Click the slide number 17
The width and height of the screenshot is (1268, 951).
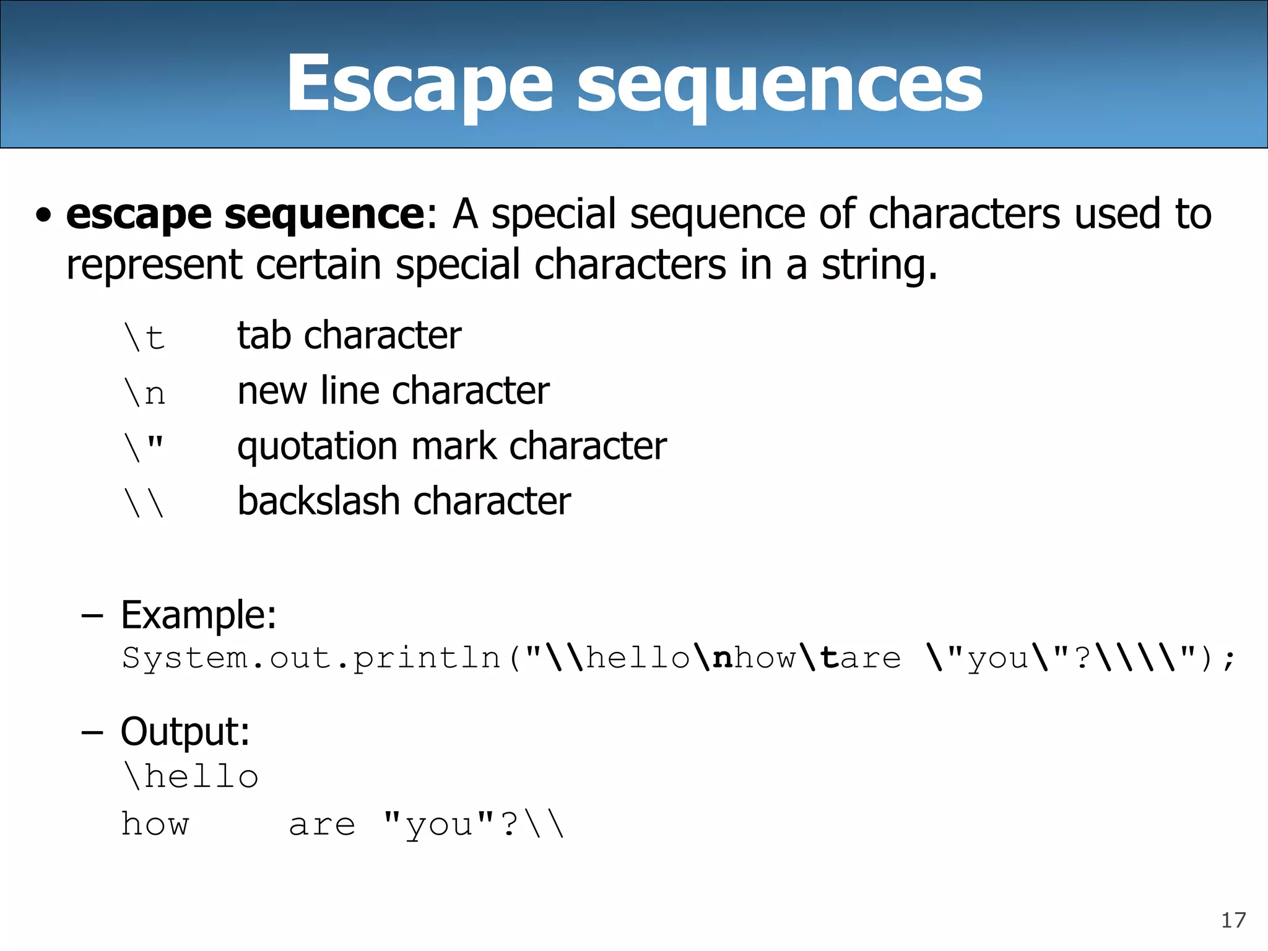[x=1233, y=920]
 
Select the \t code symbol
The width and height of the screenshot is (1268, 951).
[x=144, y=337]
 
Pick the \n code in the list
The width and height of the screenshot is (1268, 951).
[x=144, y=393]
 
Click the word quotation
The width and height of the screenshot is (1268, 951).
[x=317, y=446]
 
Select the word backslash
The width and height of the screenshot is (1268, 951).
[x=318, y=501]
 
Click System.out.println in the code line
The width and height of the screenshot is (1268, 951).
[x=311, y=658]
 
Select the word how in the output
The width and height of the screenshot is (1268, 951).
[x=155, y=824]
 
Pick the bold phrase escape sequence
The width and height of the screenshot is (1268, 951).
[x=245, y=214]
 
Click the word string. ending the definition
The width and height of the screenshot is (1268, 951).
[x=879, y=265]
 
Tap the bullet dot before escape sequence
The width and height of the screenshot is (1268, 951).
[x=43, y=215]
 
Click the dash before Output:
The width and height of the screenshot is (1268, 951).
[x=92, y=732]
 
